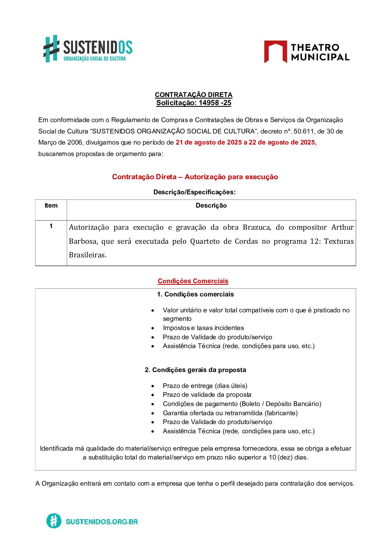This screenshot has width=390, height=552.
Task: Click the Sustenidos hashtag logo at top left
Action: pyautogui.click(x=52, y=48)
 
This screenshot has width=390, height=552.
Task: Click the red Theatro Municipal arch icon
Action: pyautogui.click(x=275, y=51)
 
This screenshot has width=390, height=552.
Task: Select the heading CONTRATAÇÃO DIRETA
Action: pyautogui.click(x=194, y=95)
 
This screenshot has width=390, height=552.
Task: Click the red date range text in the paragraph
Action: pyautogui.click(x=246, y=142)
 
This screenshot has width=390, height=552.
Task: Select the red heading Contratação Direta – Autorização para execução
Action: pyautogui.click(x=195, y=177)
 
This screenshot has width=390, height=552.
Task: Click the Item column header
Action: pyautogui.click(x=51, y=206)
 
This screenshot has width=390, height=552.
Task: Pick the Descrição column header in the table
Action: pyautogui.click(x=211, y=206)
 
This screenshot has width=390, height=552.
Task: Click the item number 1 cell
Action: pyautogui.click(x=51, y=226)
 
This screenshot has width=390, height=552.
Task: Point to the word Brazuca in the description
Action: pyautogui.click(x=257, y=228)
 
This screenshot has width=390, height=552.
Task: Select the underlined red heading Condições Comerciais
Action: pyautogui.click(x=193, y=281)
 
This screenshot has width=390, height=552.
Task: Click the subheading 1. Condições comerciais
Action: pyautogui.click(x=195, y=294)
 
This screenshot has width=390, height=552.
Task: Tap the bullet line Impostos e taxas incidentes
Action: pyautogui.click(x=203, y=328)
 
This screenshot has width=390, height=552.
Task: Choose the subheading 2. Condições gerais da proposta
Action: pyautogui.click(x=195, y=370)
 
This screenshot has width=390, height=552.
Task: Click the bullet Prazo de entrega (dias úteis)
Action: pyautogui.click(x=205, y=386)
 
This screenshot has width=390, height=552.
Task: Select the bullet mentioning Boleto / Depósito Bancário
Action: pyautogui.click(x=242, y=404)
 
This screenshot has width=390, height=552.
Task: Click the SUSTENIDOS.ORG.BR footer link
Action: pyautogui.click(x=101, y=521)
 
